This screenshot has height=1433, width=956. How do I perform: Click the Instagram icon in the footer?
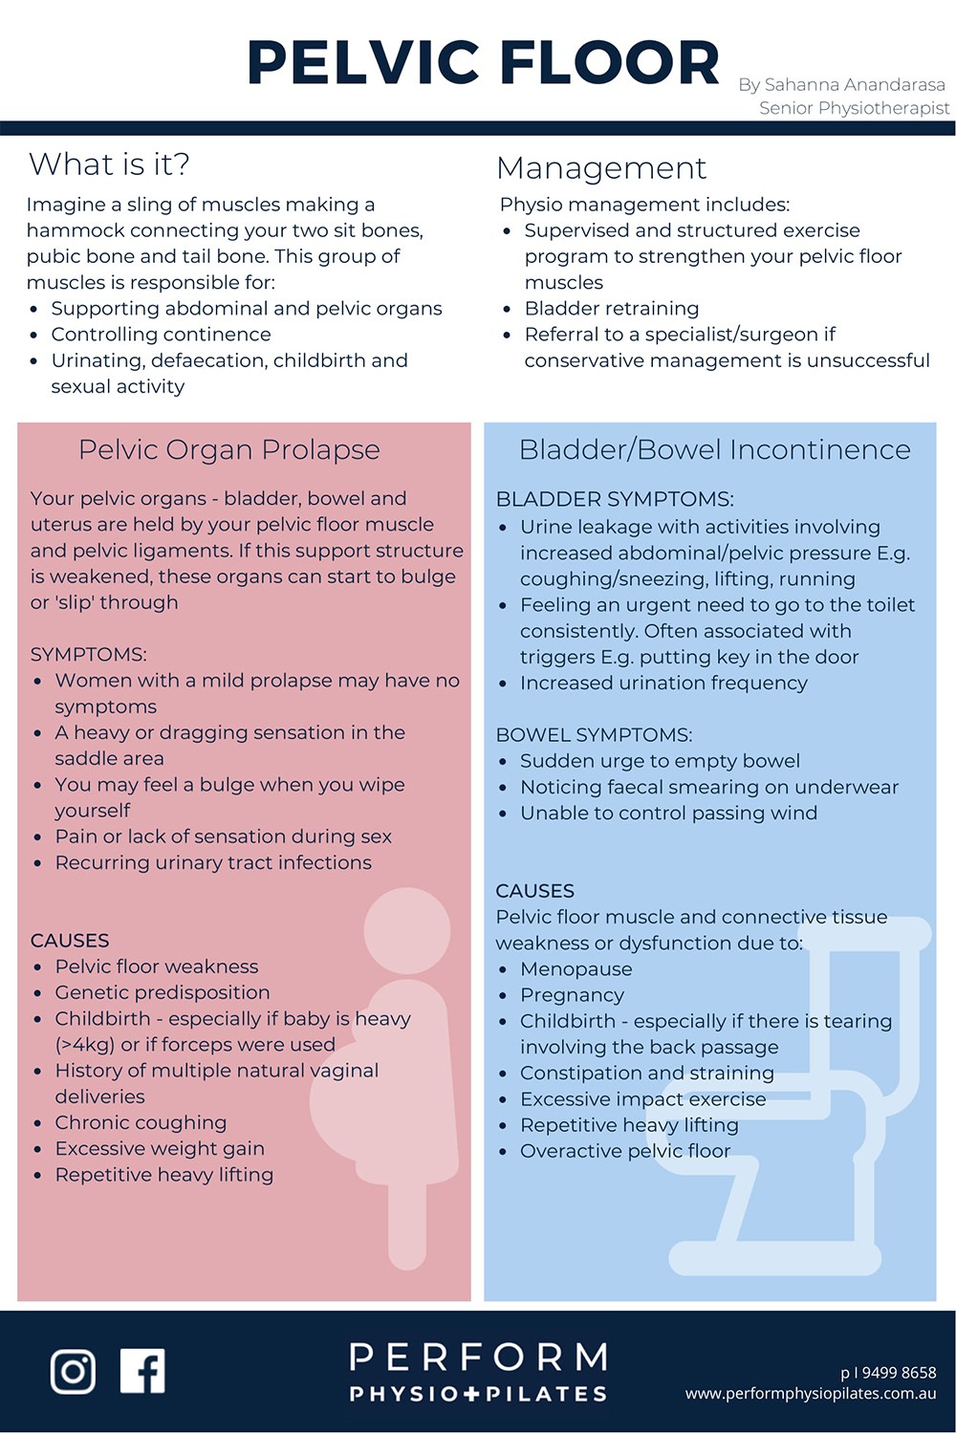73,1371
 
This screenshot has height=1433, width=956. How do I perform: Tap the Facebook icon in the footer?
142,1371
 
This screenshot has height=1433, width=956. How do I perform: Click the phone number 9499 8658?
898,1373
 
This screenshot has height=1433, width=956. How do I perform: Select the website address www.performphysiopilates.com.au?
811,1394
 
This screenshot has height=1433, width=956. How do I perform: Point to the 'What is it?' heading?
109,164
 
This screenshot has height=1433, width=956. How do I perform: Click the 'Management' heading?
601,168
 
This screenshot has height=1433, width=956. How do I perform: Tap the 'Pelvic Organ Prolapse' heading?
229,449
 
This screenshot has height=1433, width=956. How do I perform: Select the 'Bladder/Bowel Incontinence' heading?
714,449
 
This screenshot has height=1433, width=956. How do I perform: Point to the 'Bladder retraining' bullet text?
612,309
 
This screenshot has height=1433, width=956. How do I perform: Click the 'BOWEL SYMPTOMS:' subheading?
594,735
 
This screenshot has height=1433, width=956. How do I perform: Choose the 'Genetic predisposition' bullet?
163,992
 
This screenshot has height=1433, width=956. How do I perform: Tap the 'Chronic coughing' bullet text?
141,1122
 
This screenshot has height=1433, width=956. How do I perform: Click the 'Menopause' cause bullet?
576,969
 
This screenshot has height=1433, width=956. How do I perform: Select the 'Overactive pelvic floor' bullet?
625,1151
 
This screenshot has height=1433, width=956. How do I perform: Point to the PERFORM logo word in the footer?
478,1357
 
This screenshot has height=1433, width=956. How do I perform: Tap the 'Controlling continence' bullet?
161,335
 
